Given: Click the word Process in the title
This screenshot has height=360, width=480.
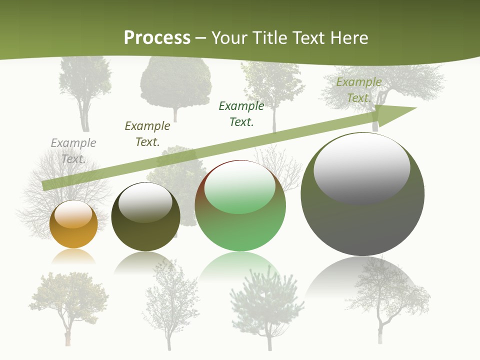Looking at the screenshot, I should pos(157,37).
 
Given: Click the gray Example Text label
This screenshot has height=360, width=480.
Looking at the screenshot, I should pos(73,150).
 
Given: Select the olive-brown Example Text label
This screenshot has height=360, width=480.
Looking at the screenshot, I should pos(147,133).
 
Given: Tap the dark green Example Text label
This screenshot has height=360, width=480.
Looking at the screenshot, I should pos(241,113).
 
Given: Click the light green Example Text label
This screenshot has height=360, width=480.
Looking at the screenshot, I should pos(358,89).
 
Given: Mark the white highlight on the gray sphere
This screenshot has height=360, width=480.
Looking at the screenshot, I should pos(362,168).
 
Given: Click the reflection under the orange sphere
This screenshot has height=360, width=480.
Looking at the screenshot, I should pos(73,256).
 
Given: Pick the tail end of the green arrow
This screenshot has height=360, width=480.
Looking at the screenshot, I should pos(46,185).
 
